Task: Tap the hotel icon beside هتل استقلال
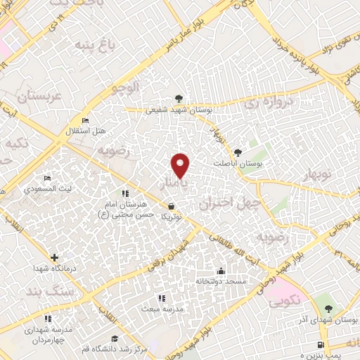click(85, 121)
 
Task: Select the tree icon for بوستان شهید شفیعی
click(179, 99)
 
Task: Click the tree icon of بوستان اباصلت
click(238, 152)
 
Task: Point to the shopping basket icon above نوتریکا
click(172, 207)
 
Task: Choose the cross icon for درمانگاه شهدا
click(54, 257)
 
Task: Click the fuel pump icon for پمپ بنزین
click(322, 345)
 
